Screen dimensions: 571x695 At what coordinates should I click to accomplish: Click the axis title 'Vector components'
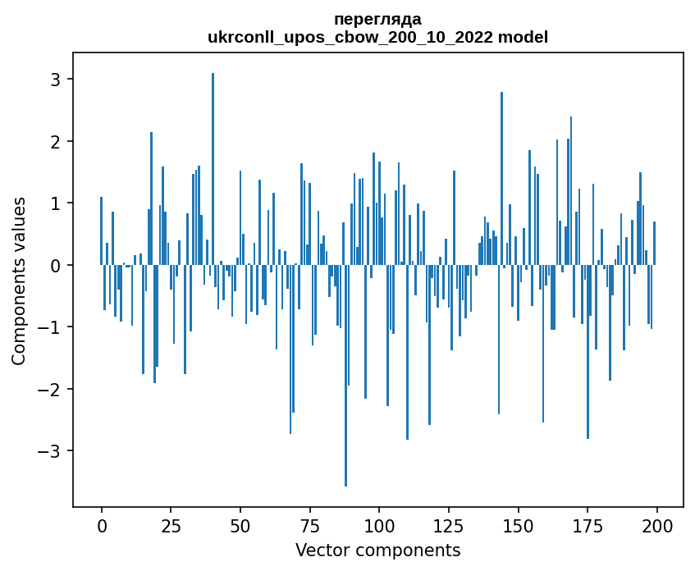tap(377, 550)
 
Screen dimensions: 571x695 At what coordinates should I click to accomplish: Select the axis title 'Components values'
tap(19, 281)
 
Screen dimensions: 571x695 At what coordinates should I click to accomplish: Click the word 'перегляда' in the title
tap(377, 19)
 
